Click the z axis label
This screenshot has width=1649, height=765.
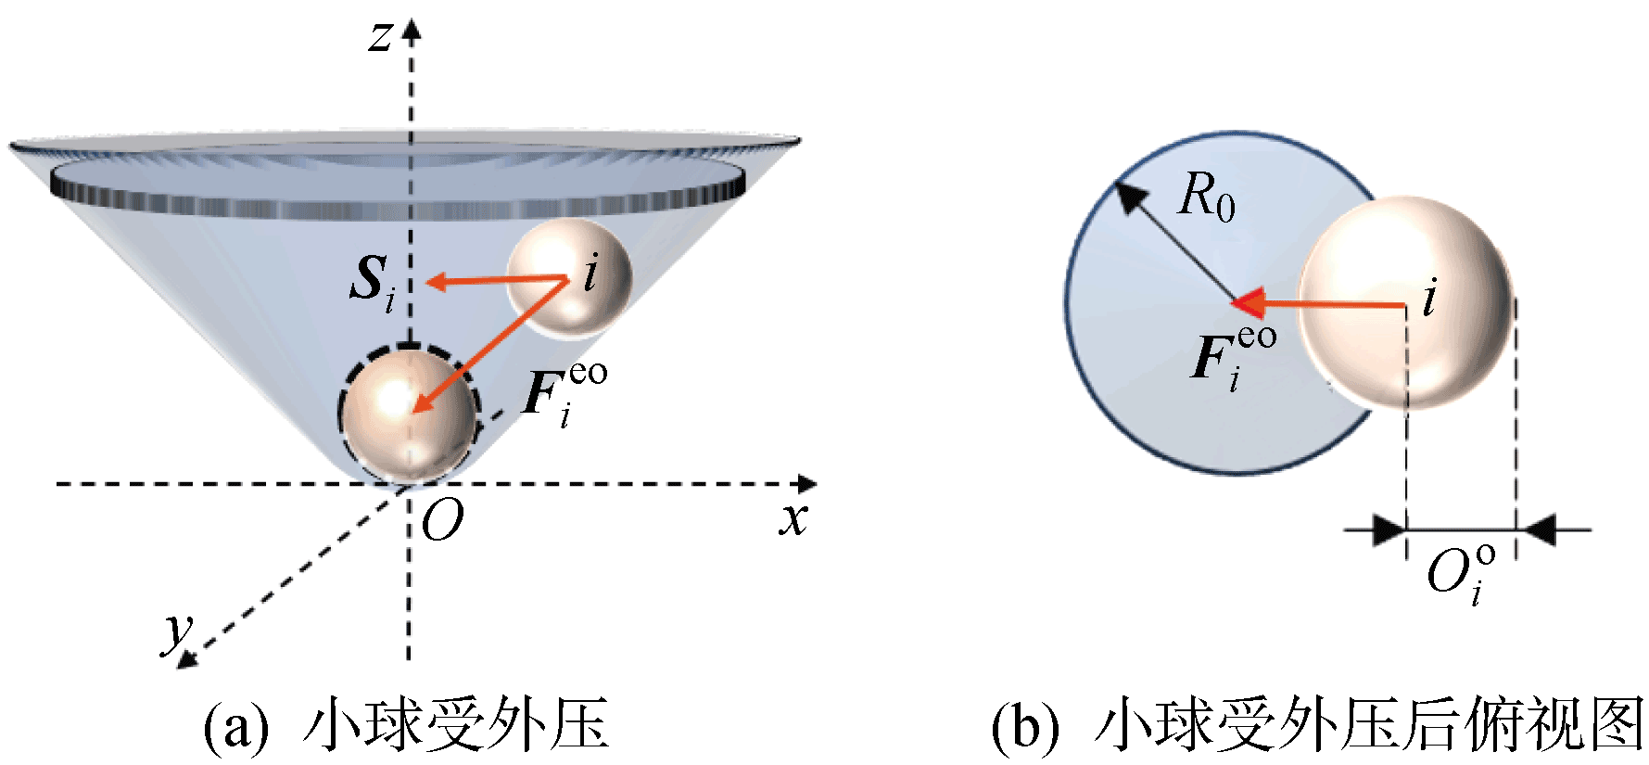pyautogui.click(x=381, y=38)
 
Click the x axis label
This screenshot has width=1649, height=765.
pyautogui.click(x=793, y=518)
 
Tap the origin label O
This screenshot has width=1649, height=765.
pyautogui.click(x=442, y=523)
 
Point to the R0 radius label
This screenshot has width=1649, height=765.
pyautogui.click(x=1207, y=198)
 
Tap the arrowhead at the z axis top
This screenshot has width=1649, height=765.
pyautogui.click(x=411, y=30)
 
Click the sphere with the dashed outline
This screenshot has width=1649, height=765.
pyautogui.click(x=409, y=414)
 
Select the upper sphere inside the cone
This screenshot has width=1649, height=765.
pyautogui.click(x=568, y=276)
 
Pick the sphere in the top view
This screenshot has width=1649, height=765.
pyautogui.click(x=1404, y=302)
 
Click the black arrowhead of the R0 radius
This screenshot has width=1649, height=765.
pyautogui.click(x=1129, y=196)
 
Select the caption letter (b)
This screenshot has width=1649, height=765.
pyautogui.click(x=1024, y=727)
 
